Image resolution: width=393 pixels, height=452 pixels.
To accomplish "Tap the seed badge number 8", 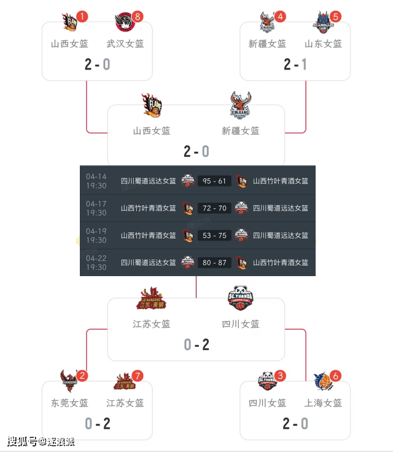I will point(138,17).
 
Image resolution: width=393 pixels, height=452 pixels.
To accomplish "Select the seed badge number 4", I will point(281,17).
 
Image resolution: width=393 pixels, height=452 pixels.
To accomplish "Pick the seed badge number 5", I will point(335,17).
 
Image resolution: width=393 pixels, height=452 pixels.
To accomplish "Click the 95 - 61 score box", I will point(214,181).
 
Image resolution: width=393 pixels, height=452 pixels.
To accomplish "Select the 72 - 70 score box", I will point(214,208).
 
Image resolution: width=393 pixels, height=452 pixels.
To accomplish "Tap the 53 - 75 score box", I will point(214,236).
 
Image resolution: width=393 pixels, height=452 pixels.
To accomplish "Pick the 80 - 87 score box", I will point(214,263).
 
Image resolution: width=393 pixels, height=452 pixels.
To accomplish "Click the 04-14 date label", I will point(96,176).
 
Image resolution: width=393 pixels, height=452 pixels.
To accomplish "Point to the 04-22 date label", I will point(96,258).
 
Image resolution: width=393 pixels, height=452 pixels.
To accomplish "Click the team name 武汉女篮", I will point(125,44).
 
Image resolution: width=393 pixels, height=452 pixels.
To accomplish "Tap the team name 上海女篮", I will point(324,403).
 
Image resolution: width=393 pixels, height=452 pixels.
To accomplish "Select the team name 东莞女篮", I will point(69,403).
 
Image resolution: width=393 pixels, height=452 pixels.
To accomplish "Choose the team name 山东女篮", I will point(324,44).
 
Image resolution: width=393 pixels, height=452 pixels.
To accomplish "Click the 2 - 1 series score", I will point(295,64).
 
